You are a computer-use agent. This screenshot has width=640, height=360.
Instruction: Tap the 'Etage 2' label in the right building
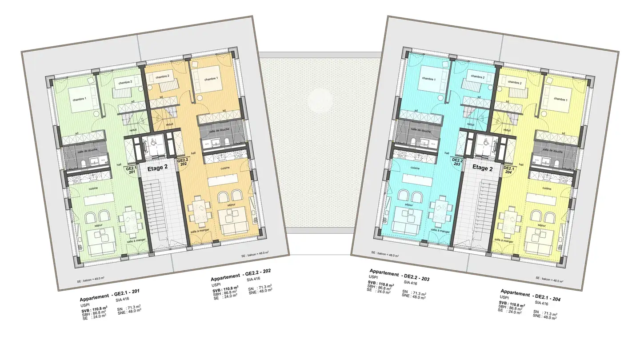pos(483,168)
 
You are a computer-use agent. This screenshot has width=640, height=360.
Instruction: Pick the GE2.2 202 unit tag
pos(182,162)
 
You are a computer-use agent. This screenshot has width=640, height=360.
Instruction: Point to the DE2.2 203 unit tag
pos(457,162)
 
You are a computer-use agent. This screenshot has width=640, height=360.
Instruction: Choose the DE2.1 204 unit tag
pos(508,171)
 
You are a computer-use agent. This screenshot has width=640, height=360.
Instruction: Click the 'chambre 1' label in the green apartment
pos(79,99)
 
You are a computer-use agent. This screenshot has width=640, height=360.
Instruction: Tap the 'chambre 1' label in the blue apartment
pos(429,79)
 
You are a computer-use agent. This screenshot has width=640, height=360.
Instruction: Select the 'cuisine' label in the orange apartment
pos(225,168)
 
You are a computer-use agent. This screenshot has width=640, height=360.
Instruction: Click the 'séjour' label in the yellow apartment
pos(541,225)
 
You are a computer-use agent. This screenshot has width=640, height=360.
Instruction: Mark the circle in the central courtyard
pos(319,99)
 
